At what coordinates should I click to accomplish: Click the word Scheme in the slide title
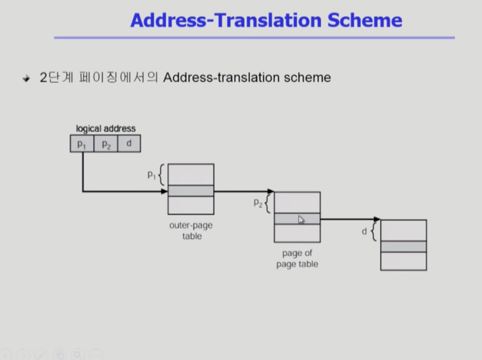point(365,20)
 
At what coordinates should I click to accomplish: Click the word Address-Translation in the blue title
point(226,20)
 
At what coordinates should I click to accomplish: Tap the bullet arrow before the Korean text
point(26,79)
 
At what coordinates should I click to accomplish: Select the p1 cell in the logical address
point(82,143)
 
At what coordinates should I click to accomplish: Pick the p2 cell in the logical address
point(106,143)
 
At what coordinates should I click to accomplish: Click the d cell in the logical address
point(129,143)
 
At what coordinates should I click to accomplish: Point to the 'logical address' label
point(106,129)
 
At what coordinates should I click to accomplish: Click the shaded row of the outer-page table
point(191,190)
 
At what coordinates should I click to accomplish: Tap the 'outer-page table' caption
point(191,231)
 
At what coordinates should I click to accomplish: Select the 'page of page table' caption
point(297,259)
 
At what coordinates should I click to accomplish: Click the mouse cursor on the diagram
point(301,220)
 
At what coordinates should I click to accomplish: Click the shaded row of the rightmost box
point(403,246)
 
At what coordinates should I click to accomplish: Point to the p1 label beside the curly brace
point(151,175)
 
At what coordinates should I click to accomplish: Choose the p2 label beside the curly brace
point(258,203)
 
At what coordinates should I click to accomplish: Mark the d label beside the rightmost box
point(365,232)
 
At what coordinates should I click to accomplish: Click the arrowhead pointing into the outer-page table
point(165,191)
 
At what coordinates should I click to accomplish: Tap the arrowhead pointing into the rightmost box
point(377,219)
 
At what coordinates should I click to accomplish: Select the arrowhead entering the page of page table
point(271,191)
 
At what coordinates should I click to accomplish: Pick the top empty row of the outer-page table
point(191,174)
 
